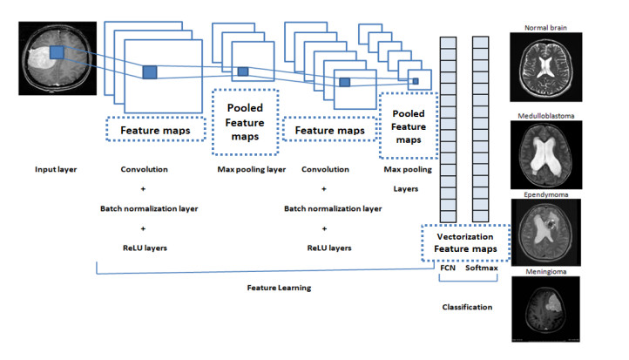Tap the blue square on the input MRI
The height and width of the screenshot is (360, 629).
point(57,52)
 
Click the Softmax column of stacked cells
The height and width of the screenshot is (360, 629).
point(481,131)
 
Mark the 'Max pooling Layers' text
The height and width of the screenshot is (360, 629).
point(406,177)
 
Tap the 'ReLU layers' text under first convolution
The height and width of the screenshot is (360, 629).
point(145,248)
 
